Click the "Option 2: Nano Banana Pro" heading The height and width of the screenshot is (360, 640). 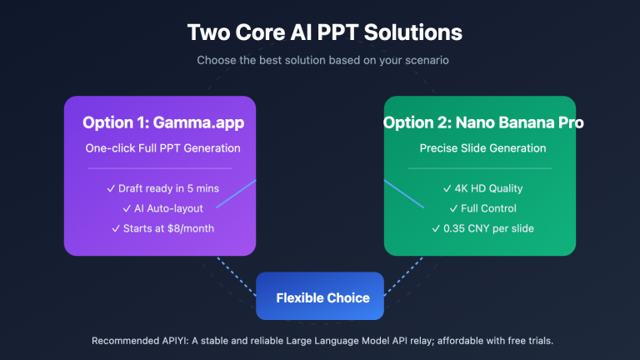pyautogui.click(x=483, y=122)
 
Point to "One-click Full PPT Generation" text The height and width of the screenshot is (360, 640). pyautogui.click(x=160, y=148)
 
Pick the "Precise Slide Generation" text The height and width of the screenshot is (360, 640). pyautogui.click(x=483, y=148)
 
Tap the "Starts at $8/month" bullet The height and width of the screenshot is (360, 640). pyautogui.click(x=160, y=228)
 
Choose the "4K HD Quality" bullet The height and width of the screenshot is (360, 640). pyautogui.click(x=483, y=188)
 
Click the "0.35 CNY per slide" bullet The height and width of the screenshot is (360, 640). pyautogui.click(x=483, y=228)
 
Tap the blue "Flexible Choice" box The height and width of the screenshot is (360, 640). pyautogui.click(x=322, y=297)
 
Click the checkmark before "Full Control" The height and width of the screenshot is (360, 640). pyautogui.click(x=453, y=208)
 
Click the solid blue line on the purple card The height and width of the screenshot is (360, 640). pyautogui.click(x=235, y=193)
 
